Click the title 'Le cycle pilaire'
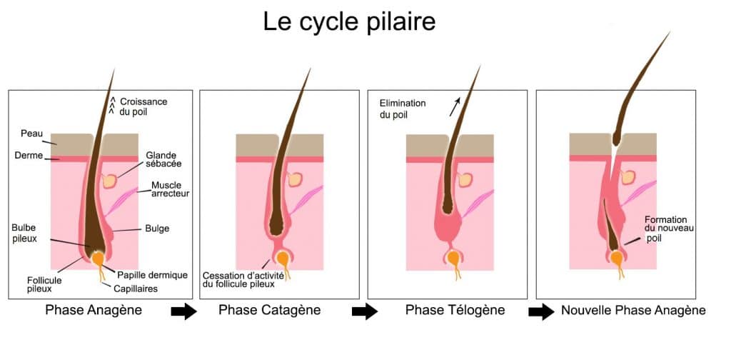click(x=349, y=21)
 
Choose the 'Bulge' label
click(x=157, y=229)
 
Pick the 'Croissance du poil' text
click(x=142, y=106)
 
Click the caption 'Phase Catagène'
click(x=269, y=310)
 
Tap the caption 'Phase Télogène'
click(x=455, y=310)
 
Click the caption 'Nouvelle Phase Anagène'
click(x=633, y=310)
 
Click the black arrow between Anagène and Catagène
click(x=185, y=312)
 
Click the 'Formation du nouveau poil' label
click(x=668, y=229)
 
